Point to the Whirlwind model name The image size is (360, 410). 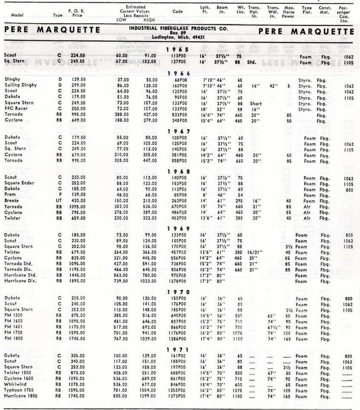(15, 384)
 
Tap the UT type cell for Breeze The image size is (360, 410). (59, 200)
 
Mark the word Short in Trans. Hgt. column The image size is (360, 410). (256, 103)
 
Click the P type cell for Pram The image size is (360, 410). (59, 195)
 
